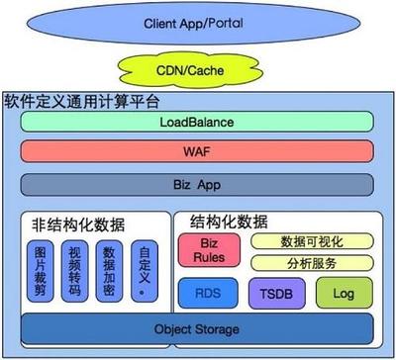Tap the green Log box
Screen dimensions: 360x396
[x=341, y=293]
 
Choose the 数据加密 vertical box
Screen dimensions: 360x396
[x=110, y=268]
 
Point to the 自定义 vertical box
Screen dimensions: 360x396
[x=145, y=266]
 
